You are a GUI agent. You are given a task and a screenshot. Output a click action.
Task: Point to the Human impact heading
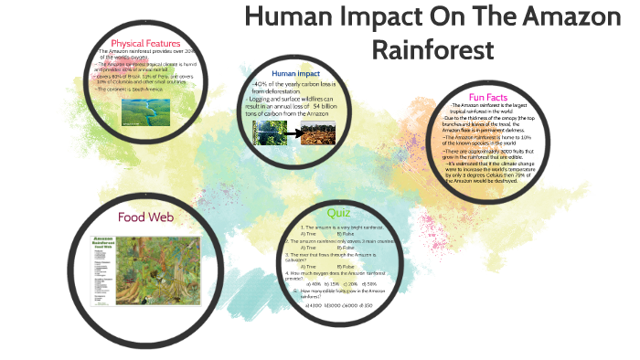pos(294,72)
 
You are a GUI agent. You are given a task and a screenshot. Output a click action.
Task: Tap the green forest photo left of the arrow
pos(270,133)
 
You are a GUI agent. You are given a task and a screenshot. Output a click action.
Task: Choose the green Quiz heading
pos(338,213)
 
